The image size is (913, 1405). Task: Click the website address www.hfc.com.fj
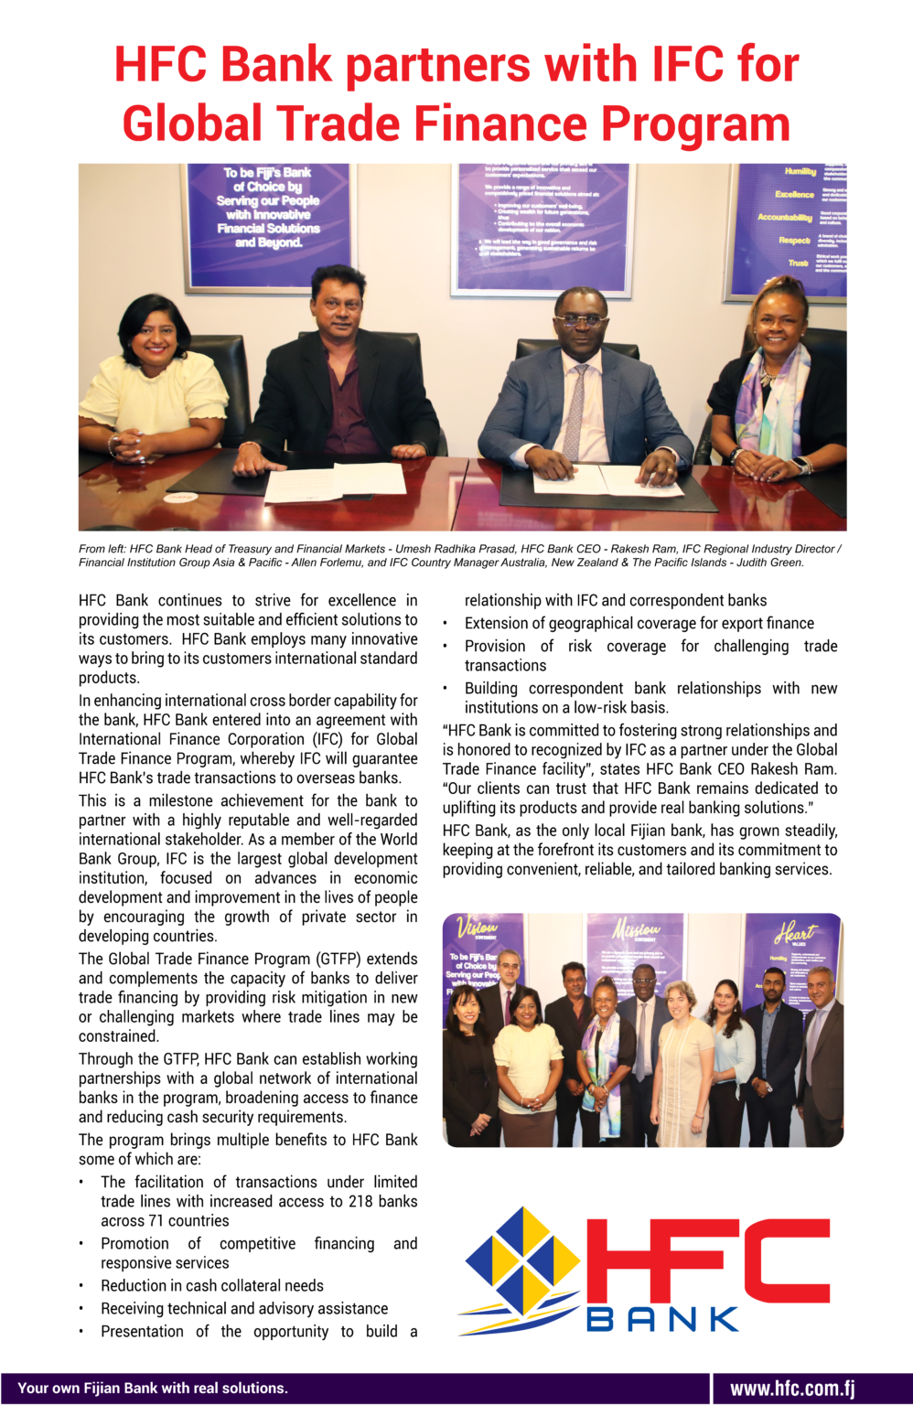click(x=792, y=1389)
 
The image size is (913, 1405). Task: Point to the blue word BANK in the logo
click(x=662, y=1318)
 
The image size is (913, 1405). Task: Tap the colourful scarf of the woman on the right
click(x=774, y=402)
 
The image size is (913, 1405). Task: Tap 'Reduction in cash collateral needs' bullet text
click(x=212, y=1285)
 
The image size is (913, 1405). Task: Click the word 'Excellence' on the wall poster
click(x=793, y=194)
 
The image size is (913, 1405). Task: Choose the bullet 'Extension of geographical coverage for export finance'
click(x=639, y=623)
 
